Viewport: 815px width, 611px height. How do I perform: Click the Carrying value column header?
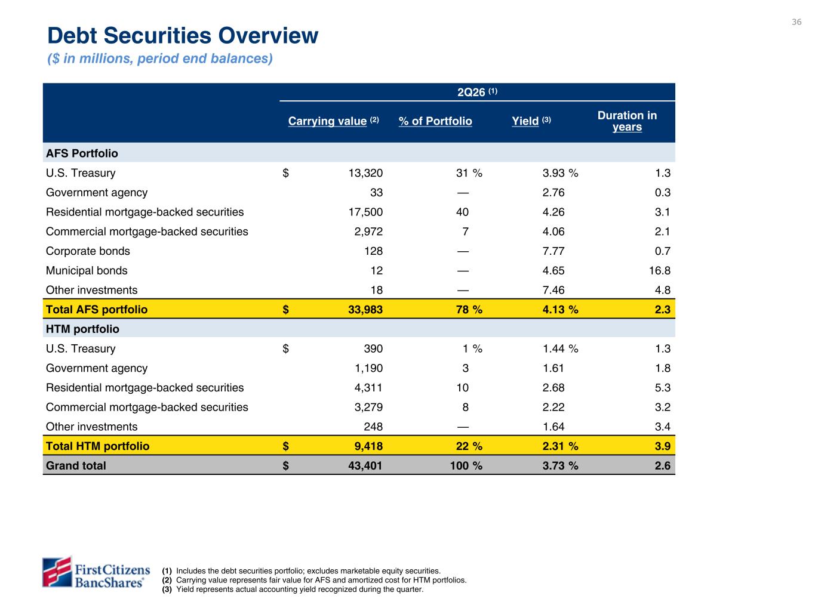333,121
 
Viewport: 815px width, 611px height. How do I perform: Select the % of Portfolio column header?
435,121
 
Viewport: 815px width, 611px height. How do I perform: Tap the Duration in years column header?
627,121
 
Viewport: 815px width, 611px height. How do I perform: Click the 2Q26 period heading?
476,92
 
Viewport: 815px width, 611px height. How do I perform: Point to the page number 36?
796,22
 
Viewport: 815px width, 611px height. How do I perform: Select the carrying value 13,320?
365,173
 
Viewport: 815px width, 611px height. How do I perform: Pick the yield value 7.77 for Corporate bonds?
553,251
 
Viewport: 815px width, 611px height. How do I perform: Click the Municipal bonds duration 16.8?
659,270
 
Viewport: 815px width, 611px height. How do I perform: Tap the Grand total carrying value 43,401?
365,465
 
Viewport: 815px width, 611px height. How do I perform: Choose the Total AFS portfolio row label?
97,310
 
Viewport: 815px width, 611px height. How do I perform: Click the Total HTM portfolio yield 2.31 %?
560,446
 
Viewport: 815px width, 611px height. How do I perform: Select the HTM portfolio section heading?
82,329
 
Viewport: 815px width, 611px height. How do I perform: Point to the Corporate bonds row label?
88,251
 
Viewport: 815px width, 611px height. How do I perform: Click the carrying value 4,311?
368,388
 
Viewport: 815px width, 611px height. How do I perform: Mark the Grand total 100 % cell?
466,465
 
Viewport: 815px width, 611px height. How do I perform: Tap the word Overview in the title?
268,36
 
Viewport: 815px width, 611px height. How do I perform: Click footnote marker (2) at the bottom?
167,580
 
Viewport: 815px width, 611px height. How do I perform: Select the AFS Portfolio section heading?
82,153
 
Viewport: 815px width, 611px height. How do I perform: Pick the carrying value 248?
373,427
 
